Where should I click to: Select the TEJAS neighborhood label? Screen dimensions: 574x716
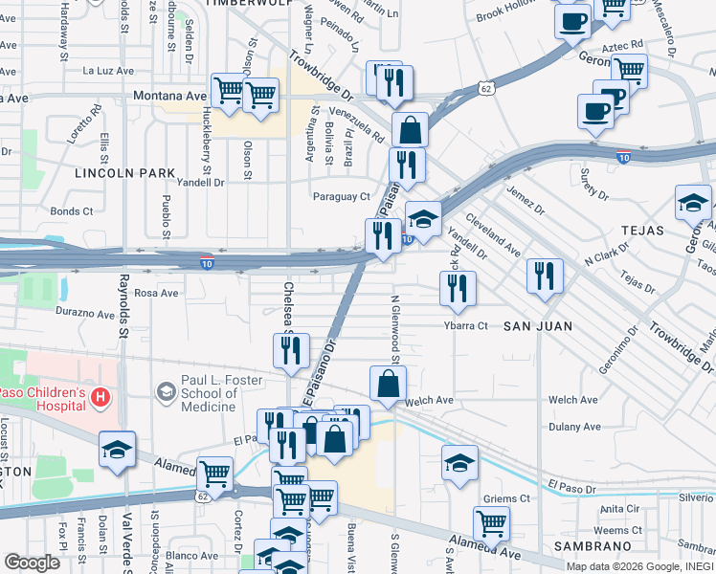641,231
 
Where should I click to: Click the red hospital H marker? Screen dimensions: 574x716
99,395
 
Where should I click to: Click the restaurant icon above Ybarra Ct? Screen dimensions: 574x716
458,287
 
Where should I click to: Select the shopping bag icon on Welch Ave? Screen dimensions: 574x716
388,383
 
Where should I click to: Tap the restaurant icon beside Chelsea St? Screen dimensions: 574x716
291,350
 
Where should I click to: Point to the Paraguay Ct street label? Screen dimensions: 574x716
341,197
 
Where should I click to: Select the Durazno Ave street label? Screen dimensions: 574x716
85,313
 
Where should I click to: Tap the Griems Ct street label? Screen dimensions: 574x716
506,499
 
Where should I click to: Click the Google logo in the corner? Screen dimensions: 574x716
33,563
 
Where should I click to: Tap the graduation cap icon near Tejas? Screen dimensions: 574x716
692,202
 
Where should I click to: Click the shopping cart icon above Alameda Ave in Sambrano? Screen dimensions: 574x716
491,522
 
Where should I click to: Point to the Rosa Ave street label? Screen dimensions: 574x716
157,293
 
